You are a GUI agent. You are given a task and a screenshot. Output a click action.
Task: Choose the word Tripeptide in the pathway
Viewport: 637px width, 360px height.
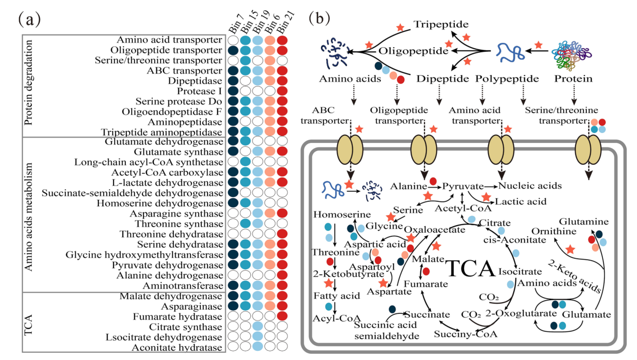pos(440,24)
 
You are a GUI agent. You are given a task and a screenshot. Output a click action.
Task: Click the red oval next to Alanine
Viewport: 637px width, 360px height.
pos(433,181)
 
